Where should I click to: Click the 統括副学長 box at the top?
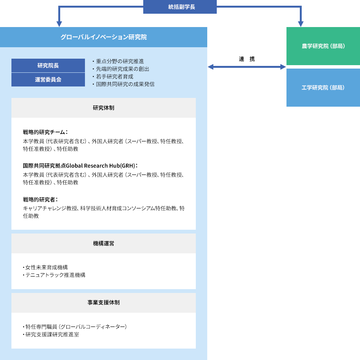(x=180, y=7)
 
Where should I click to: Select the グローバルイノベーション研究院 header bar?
(x=104, y=37)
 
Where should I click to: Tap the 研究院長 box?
(x=48, y=66)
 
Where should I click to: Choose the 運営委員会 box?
(x=48, y=80)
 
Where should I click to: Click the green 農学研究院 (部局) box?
(x=323, y=46)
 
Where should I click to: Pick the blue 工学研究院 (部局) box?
(x=323, y=88)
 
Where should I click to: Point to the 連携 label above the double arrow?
(x=246, y=59)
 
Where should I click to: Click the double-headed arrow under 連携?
(x=246, y=67)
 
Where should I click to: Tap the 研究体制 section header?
(x=104, y=108)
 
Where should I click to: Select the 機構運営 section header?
(x=104, y=243)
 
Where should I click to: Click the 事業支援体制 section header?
(x=104, y=303)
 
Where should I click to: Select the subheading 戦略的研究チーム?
(x=45, y=132)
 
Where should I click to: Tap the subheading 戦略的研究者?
(x=40, y=199)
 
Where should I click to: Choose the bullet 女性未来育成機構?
(x=46, y=267)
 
